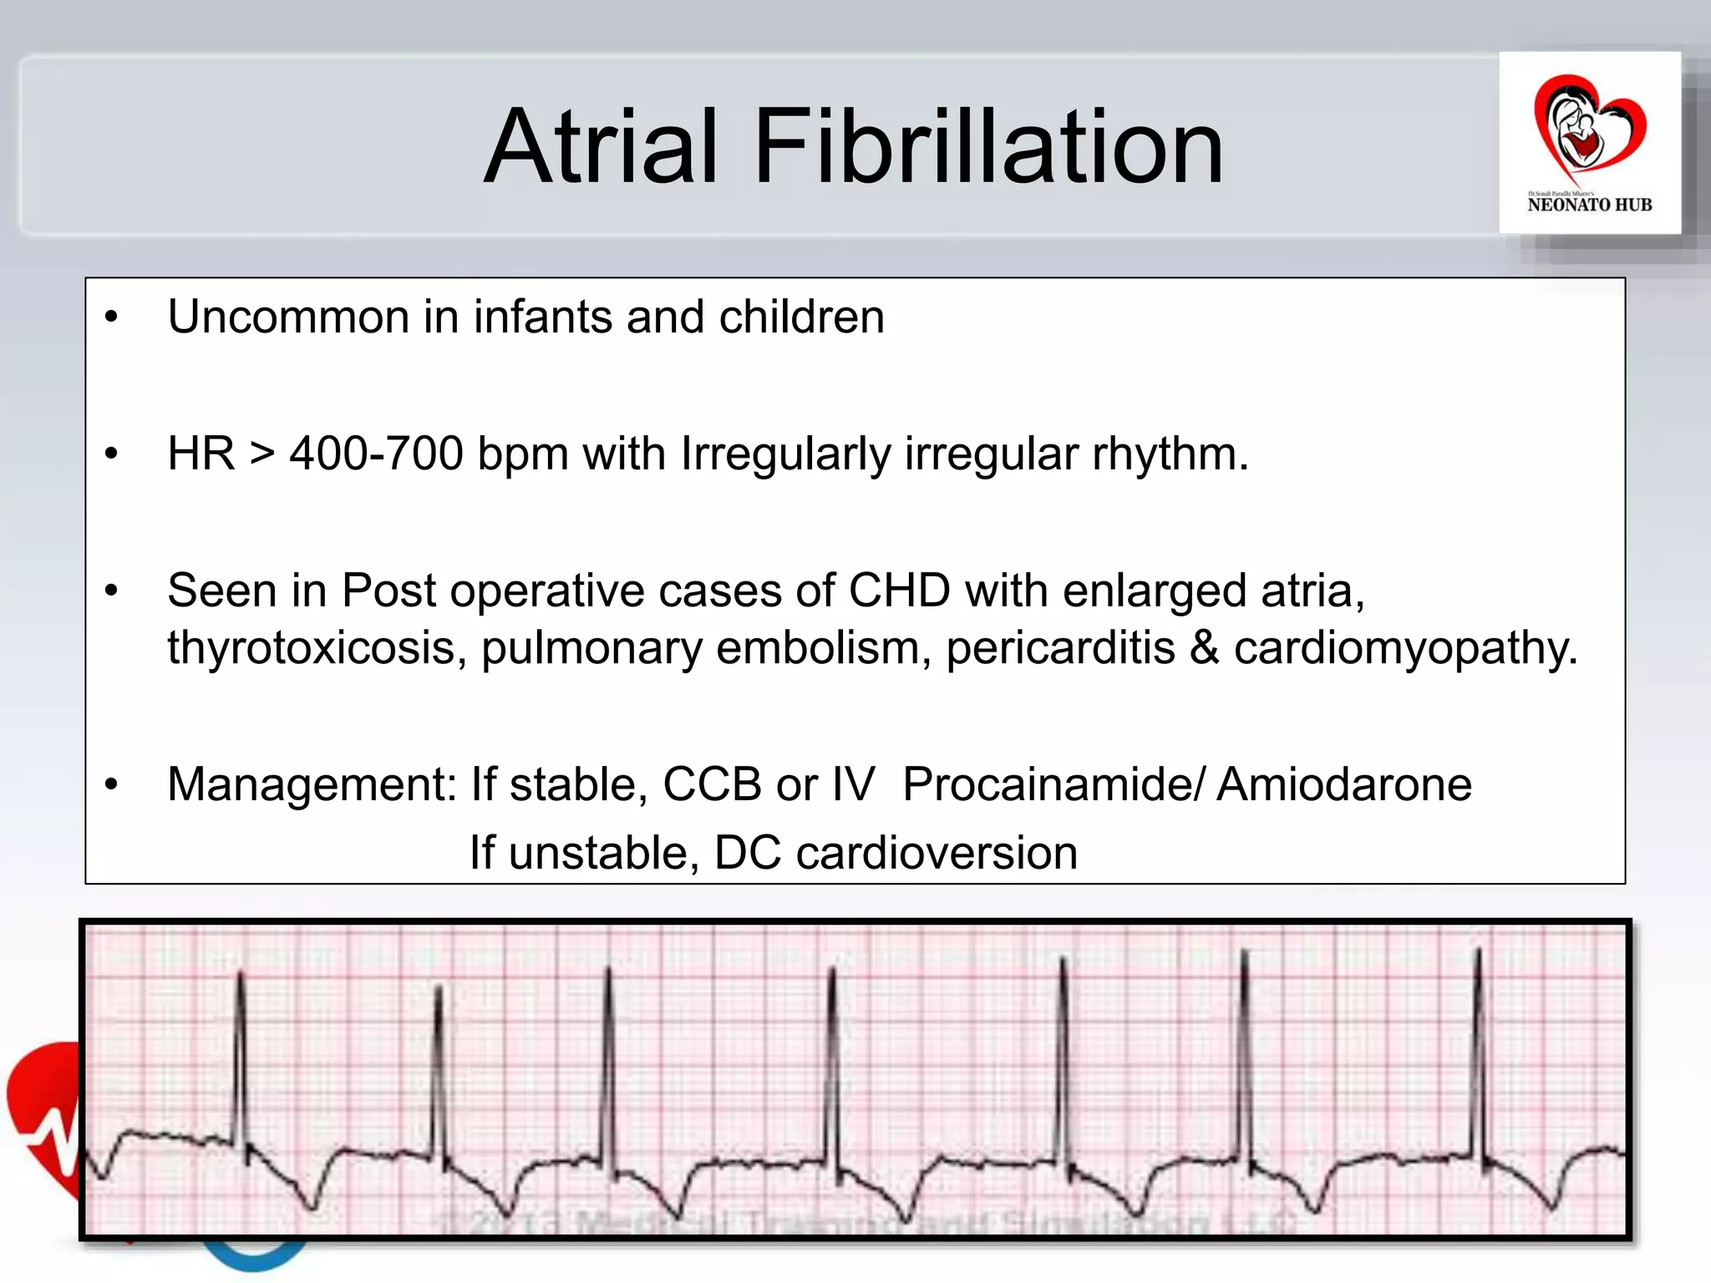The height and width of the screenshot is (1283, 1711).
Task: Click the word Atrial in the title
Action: (x=602, y=148)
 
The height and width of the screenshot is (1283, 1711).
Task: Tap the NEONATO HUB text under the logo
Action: (x=1589, y=205)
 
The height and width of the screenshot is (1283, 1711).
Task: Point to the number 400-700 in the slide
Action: (x=376, y=454)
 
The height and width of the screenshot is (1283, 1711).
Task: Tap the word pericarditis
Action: (x=1060, y=648)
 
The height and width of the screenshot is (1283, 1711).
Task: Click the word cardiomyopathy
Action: (x=1405, y=648)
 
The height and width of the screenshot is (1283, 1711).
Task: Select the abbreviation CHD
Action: (x=899, y=591)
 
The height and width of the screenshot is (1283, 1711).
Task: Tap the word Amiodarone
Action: (x=1343, y=784)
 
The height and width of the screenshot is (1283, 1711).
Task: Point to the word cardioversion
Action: (x=937, y=853)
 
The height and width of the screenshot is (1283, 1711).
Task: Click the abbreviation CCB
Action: (x=712, y=784)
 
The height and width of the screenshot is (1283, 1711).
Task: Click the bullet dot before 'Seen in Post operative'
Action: (x=112, y=591)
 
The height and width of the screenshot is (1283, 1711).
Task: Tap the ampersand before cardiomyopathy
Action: (x=1204, y=648)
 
